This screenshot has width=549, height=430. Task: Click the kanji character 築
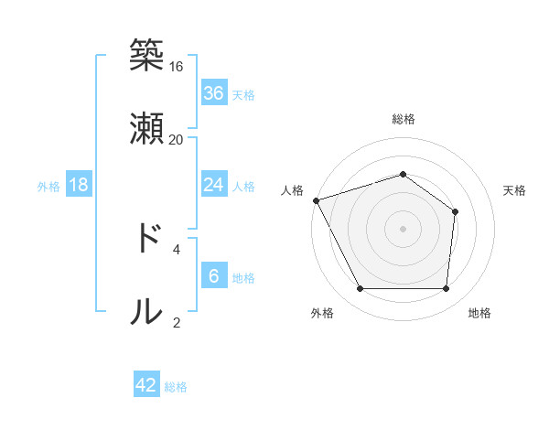tap(146, 56)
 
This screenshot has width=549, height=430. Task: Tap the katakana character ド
tap(146, 238)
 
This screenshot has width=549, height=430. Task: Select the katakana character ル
tap(146, 311)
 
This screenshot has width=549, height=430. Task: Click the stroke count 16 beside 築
tap(177, 67)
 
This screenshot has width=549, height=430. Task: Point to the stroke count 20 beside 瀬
tap(177, 140)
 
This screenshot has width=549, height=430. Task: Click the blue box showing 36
tap(214, 92)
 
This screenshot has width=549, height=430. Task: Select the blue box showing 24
tap(214, 185)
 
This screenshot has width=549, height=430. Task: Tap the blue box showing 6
tap(214, 276)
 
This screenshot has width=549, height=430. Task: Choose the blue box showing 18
tap(79, 185)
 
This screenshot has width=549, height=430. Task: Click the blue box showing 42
tap(146, 385)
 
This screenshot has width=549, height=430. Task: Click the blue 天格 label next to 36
tap(243, 94)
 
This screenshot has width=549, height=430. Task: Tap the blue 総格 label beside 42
tap(176, 387)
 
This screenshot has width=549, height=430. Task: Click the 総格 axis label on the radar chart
tap(404, 119)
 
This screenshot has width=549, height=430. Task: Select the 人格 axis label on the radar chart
tap(293, 190)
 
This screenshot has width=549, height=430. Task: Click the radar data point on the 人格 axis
tap(316, 200)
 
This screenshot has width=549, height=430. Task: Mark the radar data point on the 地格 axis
tap(446, 289)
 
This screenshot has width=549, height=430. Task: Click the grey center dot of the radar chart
tap(404, 229)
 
